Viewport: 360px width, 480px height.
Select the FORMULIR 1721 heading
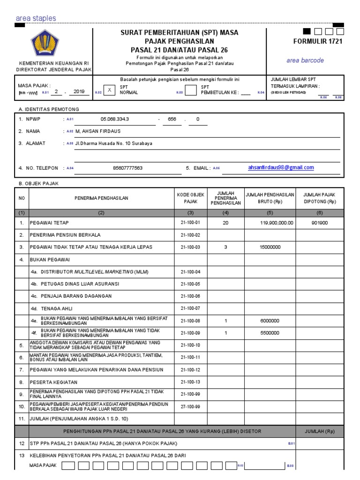[318, 41]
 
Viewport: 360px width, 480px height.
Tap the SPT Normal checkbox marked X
[110, 90]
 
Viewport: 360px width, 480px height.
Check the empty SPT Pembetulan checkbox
[190, 90]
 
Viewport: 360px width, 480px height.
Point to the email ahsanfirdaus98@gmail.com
[281, 167]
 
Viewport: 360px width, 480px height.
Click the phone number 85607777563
[128, 168]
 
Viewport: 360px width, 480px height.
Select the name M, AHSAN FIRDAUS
[96, 131]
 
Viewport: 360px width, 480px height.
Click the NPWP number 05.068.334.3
[115, 119]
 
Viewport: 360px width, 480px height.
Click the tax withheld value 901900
[320, 223]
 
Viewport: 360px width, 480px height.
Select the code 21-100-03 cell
[190, 247]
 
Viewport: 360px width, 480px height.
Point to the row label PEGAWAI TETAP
[49, 223]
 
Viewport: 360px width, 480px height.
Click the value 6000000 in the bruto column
[270, 321]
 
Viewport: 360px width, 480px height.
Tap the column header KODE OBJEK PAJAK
[190, 198]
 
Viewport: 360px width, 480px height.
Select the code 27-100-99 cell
[190, 406]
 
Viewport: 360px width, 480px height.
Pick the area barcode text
[305, 60]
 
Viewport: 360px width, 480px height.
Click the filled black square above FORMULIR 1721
[307, 31]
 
